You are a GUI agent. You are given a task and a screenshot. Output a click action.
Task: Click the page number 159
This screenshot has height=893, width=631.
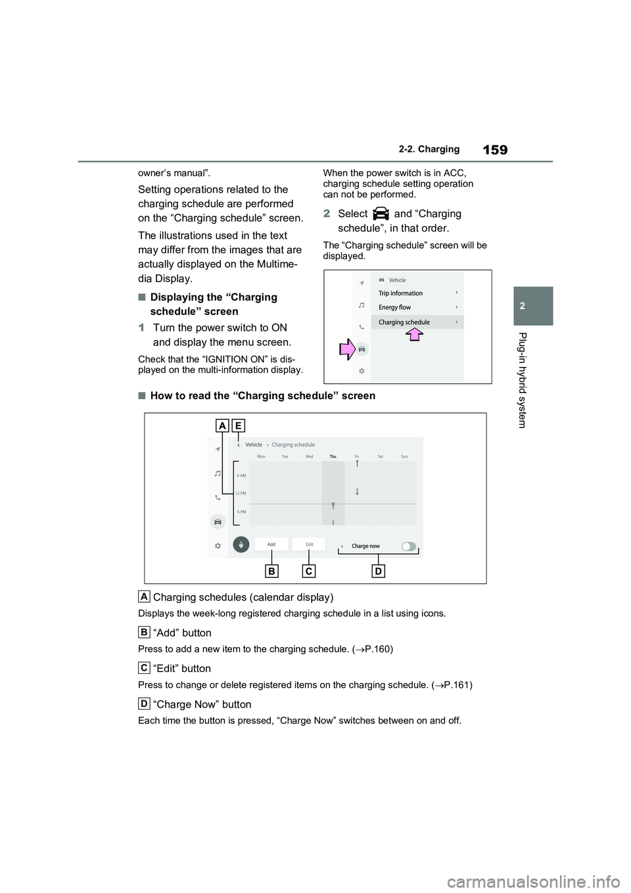click(494, 150)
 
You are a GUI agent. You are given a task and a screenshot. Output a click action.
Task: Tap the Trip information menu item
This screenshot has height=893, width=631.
click(401, 293)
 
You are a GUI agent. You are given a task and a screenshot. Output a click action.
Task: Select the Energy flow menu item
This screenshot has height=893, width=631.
click(394, 308)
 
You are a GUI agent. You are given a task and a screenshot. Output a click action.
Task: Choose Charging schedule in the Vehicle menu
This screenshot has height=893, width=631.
click(404, 322)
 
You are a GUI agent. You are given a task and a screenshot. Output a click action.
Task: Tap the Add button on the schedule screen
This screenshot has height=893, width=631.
click(271, 544)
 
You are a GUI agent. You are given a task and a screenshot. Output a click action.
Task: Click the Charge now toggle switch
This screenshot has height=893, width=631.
click(409, 546)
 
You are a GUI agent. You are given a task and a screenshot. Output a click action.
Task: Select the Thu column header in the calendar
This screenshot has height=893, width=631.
click(333, 456)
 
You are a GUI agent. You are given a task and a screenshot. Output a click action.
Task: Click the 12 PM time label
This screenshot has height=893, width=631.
click(241, 493)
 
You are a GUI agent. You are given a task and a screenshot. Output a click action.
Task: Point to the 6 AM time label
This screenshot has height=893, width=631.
click(241, 475)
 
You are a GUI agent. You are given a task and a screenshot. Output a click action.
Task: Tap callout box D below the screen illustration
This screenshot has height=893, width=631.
click(378, 571)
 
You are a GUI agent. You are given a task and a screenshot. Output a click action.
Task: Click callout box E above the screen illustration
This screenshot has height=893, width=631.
click(237, 425)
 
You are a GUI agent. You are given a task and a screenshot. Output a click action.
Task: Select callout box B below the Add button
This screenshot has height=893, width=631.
click(271, 571)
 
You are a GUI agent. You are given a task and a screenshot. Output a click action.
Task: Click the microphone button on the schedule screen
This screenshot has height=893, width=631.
click(241, 544)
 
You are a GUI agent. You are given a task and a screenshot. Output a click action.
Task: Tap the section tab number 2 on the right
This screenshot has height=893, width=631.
click(533, 306)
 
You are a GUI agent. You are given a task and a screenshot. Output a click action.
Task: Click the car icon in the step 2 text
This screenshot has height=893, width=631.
click(381, 214)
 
